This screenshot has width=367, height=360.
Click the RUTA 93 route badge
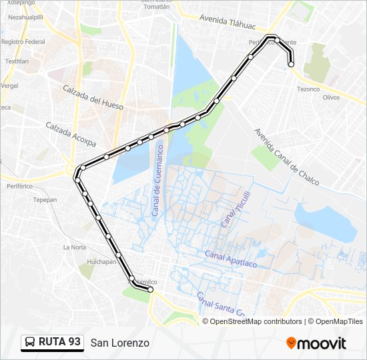pos(52,343)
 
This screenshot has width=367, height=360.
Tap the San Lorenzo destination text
pos(120,343)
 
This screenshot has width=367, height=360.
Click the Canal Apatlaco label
pos(232,259)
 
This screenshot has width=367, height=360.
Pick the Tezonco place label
pos(308,89)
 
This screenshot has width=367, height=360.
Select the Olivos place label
pos(331,97)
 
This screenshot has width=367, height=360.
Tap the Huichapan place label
pos(101,262)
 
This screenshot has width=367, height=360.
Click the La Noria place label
pos(75,247)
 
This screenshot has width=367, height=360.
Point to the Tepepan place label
pos(45,199)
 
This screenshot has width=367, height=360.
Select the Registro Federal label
pos(23,41)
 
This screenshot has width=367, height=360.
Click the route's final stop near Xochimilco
pos(151,289)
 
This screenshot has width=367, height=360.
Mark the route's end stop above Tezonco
pos(291,65)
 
